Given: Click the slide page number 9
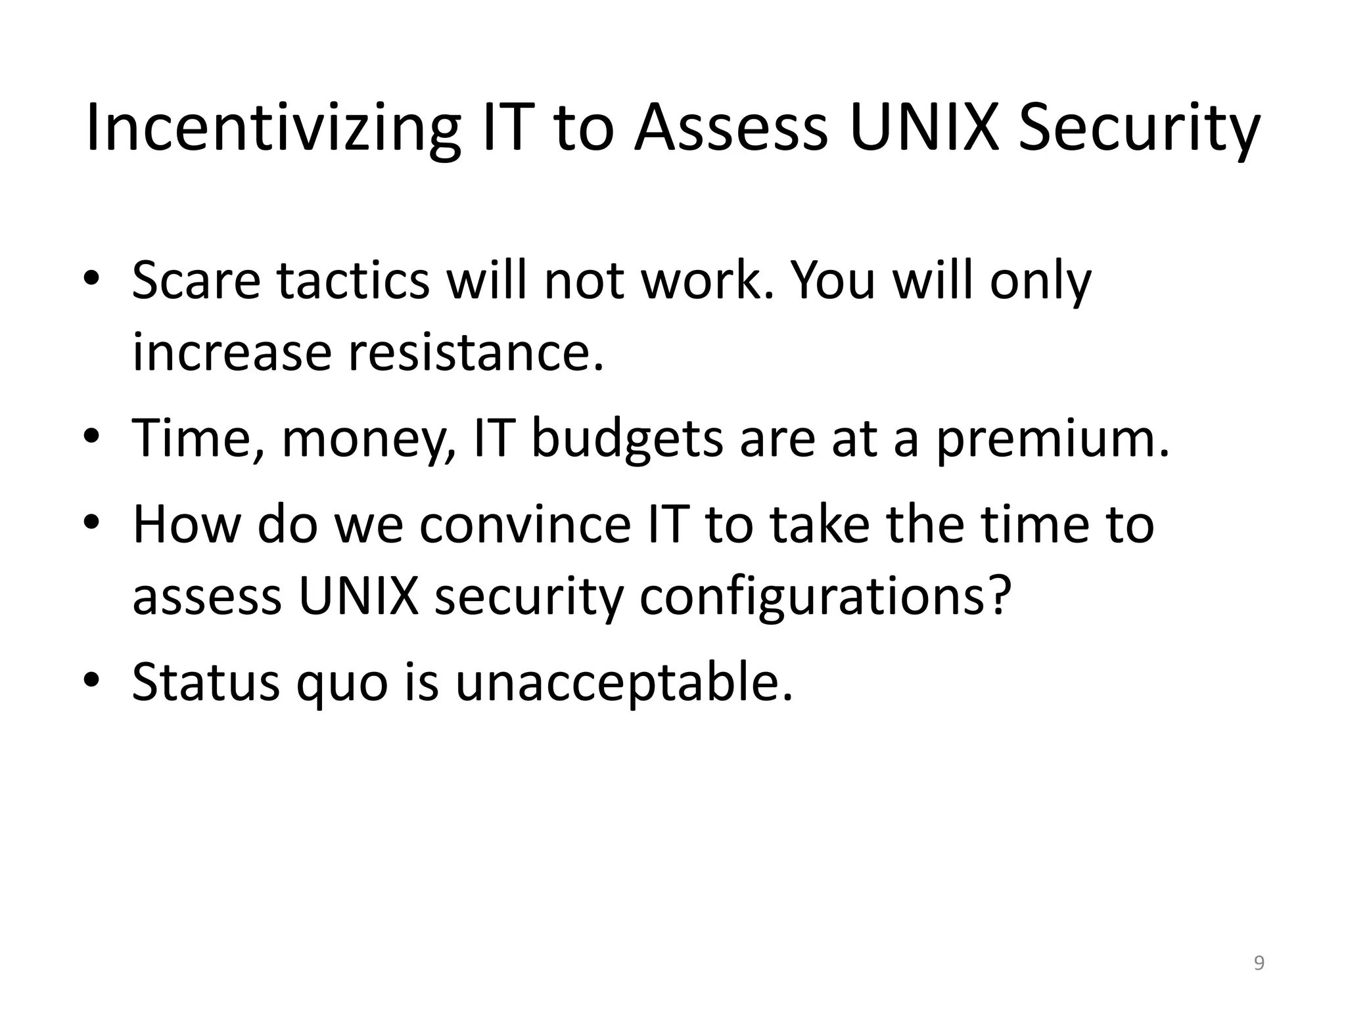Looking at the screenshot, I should pos(1259,963).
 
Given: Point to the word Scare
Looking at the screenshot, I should pos(196,280).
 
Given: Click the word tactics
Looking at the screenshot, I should pos(352,280).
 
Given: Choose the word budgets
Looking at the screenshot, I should pos(626,439).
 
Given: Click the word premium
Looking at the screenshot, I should pos(1052,439).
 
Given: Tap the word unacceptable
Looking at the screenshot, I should pos(624,683).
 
